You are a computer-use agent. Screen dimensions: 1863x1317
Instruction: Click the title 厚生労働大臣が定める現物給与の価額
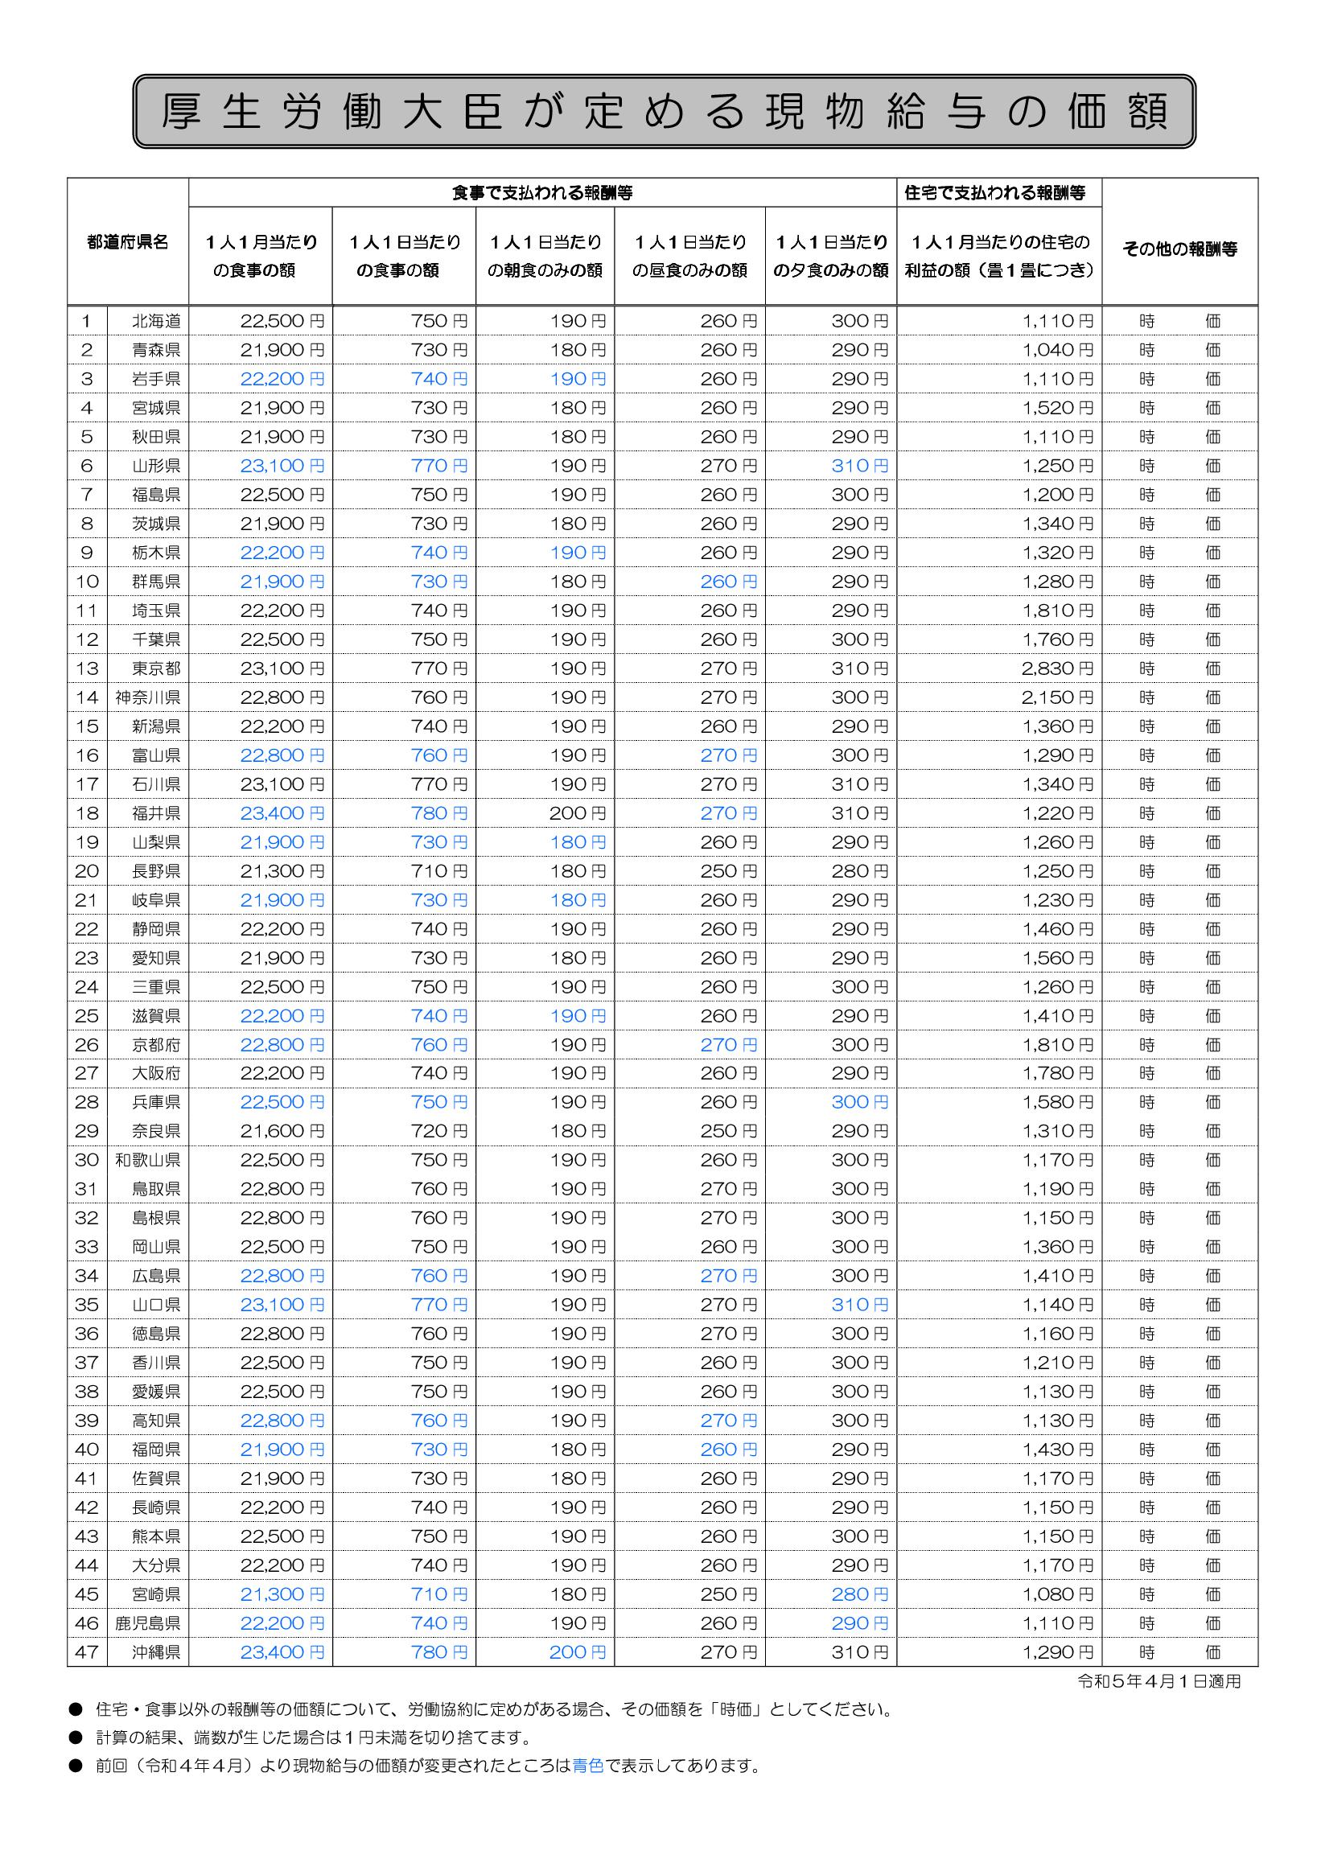(x=664, y=111)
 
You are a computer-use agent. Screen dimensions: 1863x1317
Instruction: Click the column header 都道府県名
(x=127, y=242)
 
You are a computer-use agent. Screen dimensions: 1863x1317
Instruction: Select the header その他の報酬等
(x=1179, y=249)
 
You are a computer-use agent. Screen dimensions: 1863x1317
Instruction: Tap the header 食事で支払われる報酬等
(x=542, y=193)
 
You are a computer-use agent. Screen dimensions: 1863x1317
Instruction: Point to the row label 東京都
(x=156, y=668)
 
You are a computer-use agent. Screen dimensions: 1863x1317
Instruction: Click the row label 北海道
(x=156, y=321)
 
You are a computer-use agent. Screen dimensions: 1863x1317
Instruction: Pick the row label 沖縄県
(x=156, y=1652)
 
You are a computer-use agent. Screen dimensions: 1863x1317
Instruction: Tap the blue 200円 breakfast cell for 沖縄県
(x=577, y=1652)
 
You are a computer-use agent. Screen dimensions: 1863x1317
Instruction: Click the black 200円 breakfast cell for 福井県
(x=577, y=813)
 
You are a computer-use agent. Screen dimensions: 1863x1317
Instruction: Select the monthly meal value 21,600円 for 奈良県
(x=282, y=1131)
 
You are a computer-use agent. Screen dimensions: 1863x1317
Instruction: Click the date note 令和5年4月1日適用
(x=1159, y=1682)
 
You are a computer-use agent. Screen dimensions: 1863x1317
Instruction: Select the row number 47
(x=87, y=1652)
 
